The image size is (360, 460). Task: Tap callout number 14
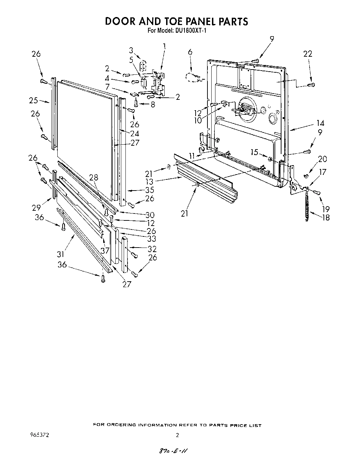pyautogui.click(x=320, y=123)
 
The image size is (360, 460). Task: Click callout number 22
pyautogui.click(x=308, y=54)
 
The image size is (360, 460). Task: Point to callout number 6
pyautogui.click(x=190, y=52)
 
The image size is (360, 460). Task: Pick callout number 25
pyautogui.click(x=33, y=101)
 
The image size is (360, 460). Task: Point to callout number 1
pyautogui.click(x=164, y=46)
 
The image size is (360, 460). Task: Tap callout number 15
pyautogui.click(x=254, y=152)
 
